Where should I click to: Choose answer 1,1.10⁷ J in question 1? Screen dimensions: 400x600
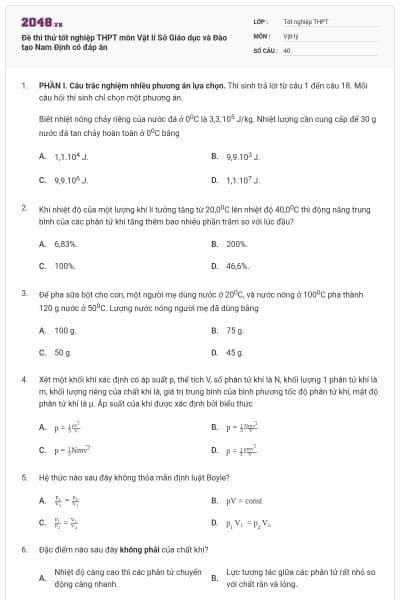pos(239,180)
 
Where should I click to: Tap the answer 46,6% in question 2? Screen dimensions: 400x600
pos(238,266)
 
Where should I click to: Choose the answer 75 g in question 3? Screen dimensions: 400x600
pos(235,329)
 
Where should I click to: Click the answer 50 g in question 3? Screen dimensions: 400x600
pos(65,352)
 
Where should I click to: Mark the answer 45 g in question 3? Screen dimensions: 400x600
pos(235,352)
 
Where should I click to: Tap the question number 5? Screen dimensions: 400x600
pos(23,477)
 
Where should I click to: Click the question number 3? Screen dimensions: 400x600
pos(23,297)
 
